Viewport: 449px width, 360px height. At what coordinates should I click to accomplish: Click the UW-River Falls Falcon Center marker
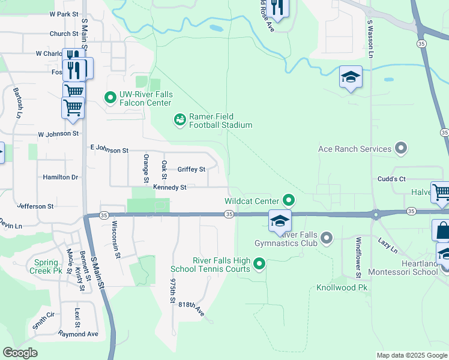[110, 97]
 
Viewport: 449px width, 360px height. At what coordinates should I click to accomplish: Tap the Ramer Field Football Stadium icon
[179, 121]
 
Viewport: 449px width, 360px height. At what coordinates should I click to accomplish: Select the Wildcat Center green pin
[289, 200]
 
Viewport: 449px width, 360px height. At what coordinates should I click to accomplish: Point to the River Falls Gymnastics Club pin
[327, 239]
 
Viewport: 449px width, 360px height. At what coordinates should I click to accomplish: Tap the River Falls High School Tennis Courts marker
[259, 263]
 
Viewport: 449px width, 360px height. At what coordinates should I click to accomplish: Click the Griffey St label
[191, 170]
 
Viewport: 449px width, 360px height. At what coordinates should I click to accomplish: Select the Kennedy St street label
[170, 188]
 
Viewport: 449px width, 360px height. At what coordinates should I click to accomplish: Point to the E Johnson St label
[109, 149]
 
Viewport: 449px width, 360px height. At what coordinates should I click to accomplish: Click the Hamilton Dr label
[60, 178]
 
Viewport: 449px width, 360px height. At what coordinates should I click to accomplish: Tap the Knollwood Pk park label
[341, 288]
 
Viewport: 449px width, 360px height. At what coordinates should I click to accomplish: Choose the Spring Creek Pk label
[46, 266]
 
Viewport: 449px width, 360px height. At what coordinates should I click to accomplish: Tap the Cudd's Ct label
[391, 179]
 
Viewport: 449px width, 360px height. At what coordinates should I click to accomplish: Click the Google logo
[20, 353]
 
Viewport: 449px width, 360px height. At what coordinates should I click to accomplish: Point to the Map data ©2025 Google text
[411, 355]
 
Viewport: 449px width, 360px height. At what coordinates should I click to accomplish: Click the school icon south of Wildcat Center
[280, 220]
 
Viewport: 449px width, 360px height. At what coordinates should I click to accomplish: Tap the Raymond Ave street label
[77, 334]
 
